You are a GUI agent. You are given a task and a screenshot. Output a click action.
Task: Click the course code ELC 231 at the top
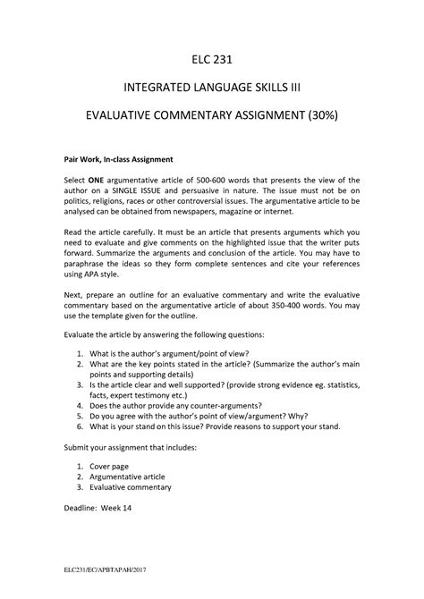point(212,59)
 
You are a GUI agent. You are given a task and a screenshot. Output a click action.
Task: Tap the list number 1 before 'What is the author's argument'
point(81,353)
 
